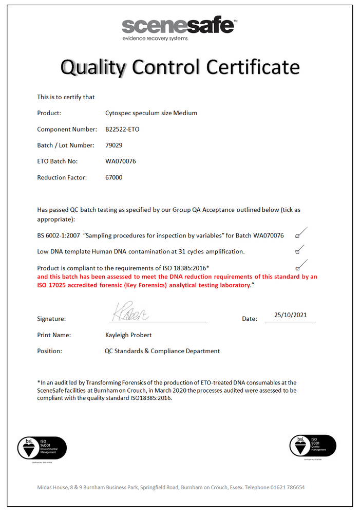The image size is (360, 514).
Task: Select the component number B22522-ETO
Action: coord(122,129)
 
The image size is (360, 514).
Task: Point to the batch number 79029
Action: coord(113,145)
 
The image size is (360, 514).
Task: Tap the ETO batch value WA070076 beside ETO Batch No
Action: coord(121,161)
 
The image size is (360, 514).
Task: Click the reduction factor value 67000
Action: coord(114,177)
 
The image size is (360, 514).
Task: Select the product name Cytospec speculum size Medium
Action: coord(151,113)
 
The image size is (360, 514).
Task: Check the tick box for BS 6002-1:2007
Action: coord(297,236)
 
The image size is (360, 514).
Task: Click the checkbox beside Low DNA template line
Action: coord(297,252)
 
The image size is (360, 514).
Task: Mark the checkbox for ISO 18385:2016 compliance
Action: coord(297,268)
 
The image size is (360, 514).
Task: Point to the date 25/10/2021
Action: coord(291,315)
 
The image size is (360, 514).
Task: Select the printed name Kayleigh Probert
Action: coord(128,335)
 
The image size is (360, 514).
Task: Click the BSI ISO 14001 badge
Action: coord(42,448)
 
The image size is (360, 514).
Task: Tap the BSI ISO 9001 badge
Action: coord(313,446)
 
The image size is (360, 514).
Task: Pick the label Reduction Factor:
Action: coord(62,177)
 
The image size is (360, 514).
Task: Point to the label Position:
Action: coord(50,351)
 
